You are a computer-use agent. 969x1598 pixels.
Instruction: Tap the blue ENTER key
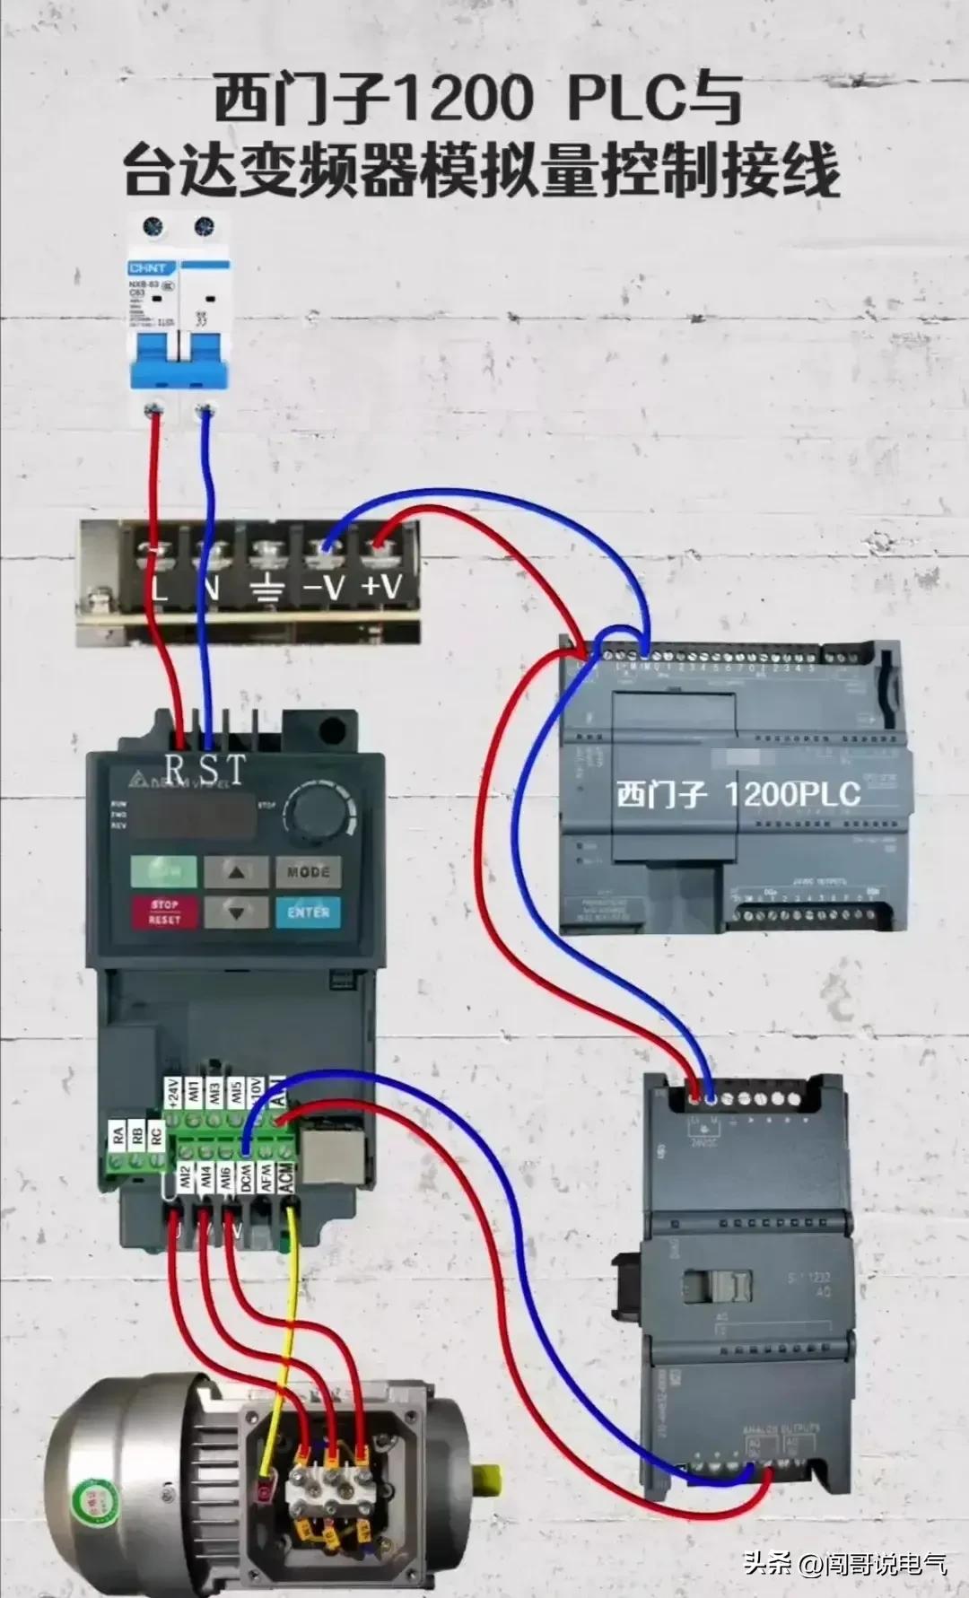pos(309,912)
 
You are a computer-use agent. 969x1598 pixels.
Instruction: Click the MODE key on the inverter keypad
pos(309,871)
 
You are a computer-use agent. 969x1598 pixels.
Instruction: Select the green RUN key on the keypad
pos(163,870)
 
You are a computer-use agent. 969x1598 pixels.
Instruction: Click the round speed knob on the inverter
pos(316,812)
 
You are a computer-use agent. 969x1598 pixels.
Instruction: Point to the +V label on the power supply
pos(381,587)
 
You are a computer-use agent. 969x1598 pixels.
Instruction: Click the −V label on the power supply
pos(322,588)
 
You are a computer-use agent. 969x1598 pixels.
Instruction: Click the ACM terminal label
pos(286,1178)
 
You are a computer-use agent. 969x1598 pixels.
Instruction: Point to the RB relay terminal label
pos(136,1136)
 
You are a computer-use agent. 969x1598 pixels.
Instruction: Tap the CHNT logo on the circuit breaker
pos(149,268)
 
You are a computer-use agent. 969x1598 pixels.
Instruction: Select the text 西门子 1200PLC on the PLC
pos(738,794)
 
